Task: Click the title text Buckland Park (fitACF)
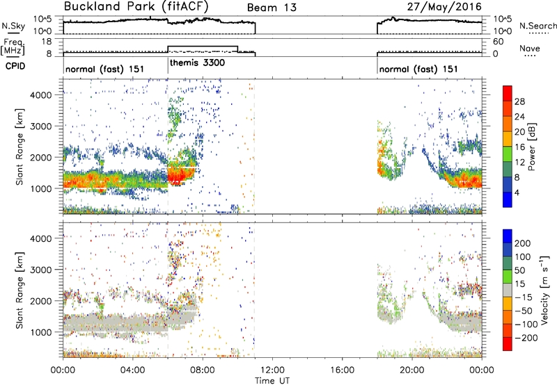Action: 136,6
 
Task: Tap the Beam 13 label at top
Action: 272,8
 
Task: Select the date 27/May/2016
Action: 444,6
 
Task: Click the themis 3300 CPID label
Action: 197,63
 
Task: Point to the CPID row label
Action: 15,66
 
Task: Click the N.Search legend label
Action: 538,26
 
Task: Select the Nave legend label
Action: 530,48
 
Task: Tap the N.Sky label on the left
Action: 13,26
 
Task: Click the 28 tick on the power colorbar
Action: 519,101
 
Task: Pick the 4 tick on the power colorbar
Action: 517,192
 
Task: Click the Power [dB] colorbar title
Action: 532,147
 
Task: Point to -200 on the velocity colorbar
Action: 523,338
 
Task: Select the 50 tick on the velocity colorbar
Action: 519,270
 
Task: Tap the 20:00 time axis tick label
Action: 412,370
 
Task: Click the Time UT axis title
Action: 272,380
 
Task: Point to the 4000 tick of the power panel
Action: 41,95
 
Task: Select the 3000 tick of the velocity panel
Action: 41,270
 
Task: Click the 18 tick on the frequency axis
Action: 47,42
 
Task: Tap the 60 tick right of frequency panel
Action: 498,42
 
